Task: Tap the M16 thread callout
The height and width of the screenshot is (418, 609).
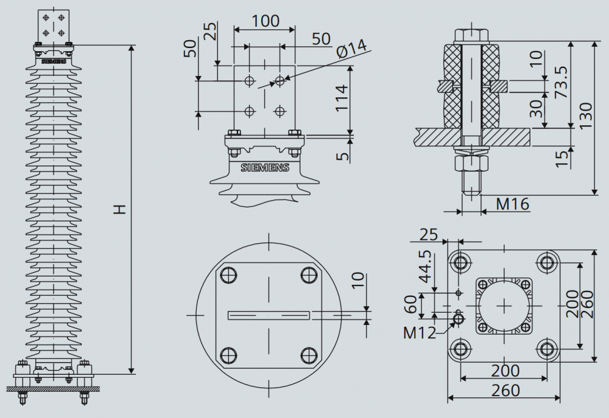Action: pyautogui.click(x=513, y=204)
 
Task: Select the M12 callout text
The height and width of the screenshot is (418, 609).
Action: pyautogui.click(x=420, y=333)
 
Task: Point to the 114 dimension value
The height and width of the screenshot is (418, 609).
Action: pyautogui.click(x=342, y=98)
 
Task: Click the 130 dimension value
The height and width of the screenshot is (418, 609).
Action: pyautogui.click(x=586, y=116)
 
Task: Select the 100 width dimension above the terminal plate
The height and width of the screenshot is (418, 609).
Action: pyautogui.click(x=266, y=21)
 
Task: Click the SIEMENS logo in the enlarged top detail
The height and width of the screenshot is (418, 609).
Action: pyautogui.click(x=265, y=168)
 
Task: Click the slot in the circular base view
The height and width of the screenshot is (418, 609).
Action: pyautogui.click(x=269, y=315)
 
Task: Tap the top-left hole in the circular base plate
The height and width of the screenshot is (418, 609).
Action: pyautogui.click(x=228, y=275)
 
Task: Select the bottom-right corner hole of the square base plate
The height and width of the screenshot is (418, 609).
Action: pyautogui.click(x=547, y=349)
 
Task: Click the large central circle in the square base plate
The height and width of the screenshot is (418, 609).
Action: pyautogui.click(x=504, y=306)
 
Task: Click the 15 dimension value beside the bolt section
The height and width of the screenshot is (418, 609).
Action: pyautogui.click(x=561, y=159)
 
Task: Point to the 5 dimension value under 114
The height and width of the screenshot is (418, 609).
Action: pyautogui.click(x=342, y=156)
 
